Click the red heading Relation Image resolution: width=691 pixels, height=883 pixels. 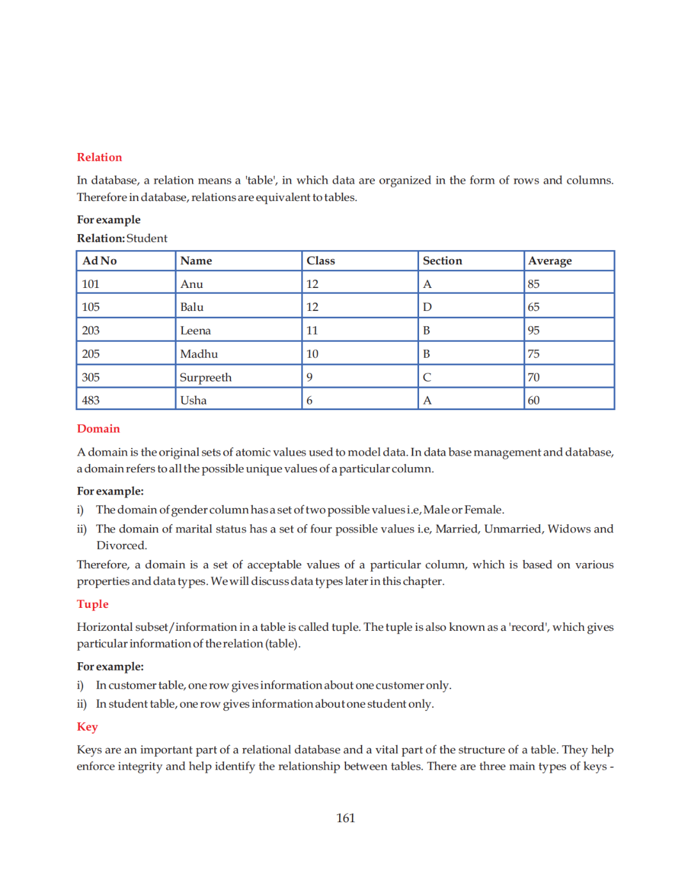(99, 157)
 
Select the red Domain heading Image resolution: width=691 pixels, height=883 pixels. (98, 429)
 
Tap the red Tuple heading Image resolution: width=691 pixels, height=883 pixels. (93, 604)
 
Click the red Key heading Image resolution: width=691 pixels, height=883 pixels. (87, 727)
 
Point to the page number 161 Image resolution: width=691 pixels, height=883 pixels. (345, 818)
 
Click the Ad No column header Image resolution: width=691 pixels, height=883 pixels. (100, 261)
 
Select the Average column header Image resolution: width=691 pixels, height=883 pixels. (550, 261)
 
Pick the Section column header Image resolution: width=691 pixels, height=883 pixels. (442, 261)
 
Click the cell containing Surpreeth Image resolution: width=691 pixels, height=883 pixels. (205, 378)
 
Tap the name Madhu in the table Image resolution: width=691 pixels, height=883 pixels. (199, 354)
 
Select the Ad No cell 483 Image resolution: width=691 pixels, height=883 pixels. (91, 401)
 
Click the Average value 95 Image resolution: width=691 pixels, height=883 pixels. (534, 331)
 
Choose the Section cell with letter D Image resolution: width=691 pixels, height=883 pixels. (427, 307)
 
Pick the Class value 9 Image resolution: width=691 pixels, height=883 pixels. (310, 378)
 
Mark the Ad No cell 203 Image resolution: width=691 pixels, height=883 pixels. (91, 331)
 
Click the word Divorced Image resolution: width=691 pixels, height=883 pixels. (122, 546)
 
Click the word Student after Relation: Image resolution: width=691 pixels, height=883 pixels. (147, 239)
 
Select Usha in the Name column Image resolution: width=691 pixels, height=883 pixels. (193, 401)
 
